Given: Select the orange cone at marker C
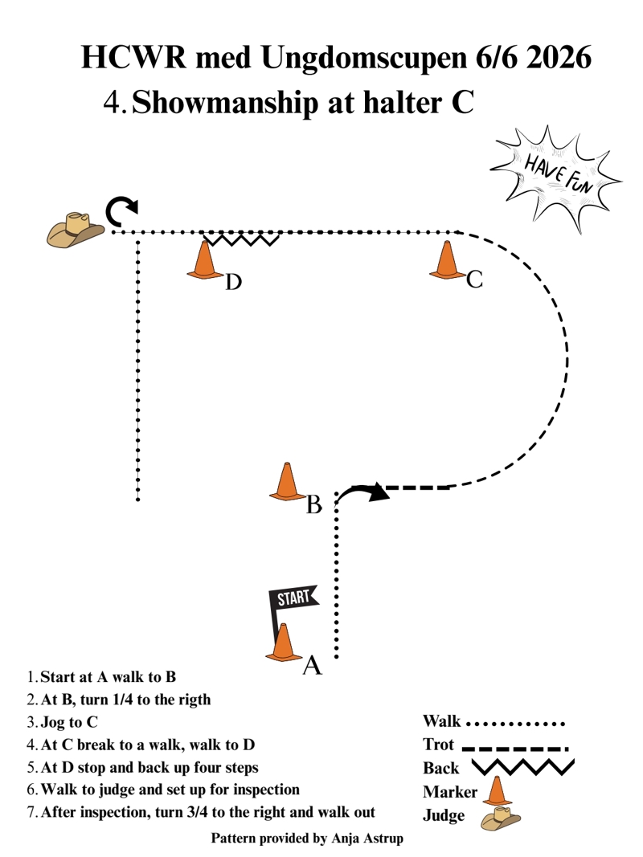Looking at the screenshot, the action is (x=447, y=260).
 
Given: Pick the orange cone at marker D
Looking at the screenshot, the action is (x=204, y=260).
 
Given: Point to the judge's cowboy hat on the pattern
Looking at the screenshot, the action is (x=75, y=230).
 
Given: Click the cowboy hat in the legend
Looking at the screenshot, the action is (x=500, y=818).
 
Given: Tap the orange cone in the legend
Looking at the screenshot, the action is (x=497, y=791).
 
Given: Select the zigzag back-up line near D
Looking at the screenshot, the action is (x=241, y=239).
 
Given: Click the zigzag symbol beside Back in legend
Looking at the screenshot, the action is (x=522, y=767).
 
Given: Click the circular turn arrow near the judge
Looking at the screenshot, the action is (x=121, y=212).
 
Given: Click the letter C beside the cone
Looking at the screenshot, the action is (x=474, y=280).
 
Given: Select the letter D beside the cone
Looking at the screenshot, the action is (x=233, y=283).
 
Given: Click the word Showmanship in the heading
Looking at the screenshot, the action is (x=225, y=103).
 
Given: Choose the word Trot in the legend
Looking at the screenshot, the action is (x=439, y=745).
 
